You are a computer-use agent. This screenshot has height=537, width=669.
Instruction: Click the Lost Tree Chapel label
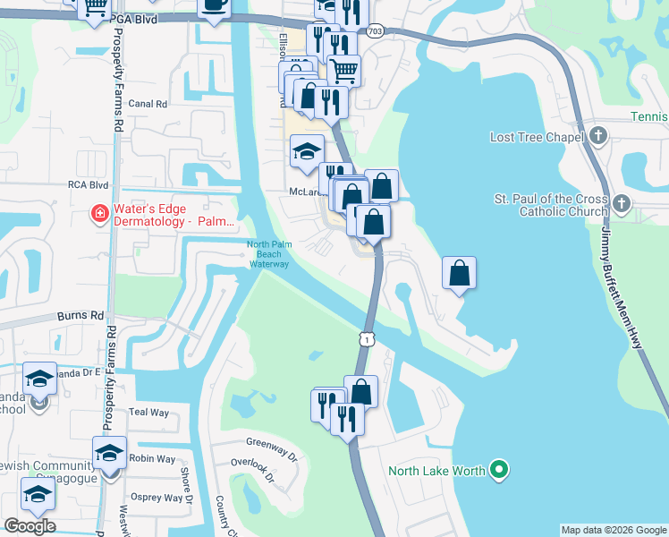click(537, 137)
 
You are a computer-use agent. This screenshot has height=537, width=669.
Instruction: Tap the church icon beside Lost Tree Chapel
click(599, 137)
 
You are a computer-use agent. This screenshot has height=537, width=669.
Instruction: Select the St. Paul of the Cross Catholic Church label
click(551, 205)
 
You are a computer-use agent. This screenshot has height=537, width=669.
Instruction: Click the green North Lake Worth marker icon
click(500, 470)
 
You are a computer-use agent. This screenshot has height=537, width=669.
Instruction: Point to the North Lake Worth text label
click(437, 471)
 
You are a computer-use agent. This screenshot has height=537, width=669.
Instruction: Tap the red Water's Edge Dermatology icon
click(102, 214)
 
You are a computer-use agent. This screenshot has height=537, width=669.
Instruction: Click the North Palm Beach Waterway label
click(269, 254)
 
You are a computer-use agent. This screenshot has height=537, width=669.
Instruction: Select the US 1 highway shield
click(366, 338)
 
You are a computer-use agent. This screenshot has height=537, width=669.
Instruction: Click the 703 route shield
click(376, 32)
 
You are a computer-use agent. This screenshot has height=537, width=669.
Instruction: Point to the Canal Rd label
click(148, 104)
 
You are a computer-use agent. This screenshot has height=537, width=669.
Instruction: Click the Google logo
click(29, 526)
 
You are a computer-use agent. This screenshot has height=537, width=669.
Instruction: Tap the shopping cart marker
click(343, 69)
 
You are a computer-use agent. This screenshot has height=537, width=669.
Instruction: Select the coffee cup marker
click(214, 5)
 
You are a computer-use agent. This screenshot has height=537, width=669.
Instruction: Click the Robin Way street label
click(150, 458)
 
